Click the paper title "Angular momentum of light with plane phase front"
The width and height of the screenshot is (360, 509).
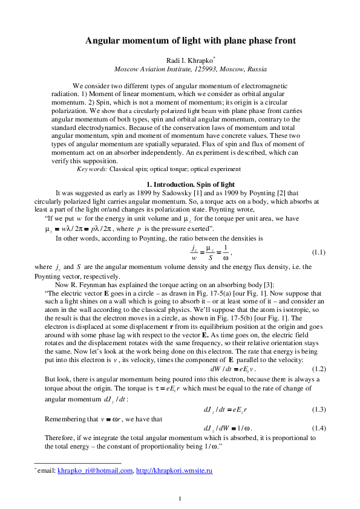[x=191, y=41]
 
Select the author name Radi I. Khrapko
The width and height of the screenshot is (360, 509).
[x=188, y=60]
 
